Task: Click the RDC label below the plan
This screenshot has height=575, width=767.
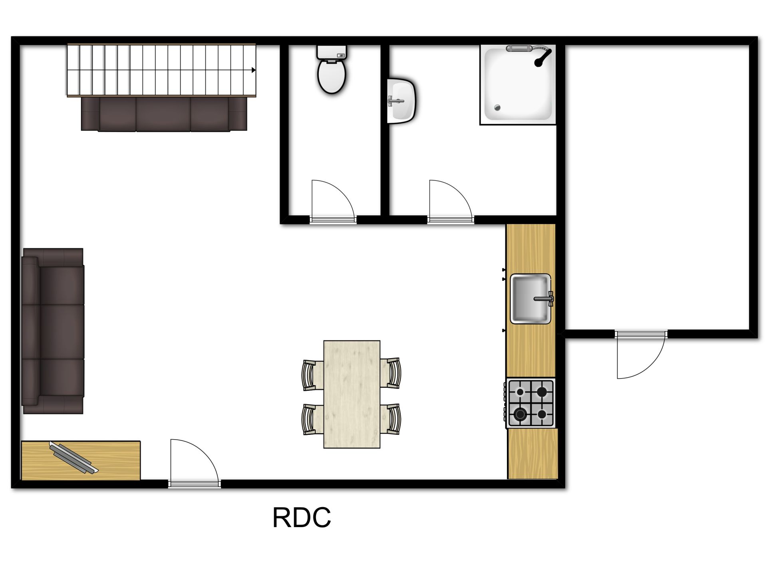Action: [302, 517]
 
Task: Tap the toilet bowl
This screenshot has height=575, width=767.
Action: [332, 76]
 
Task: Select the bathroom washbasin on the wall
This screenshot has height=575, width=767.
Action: [401, 101]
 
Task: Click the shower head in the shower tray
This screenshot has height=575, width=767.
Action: [542, 57]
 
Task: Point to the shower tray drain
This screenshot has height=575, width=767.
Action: [497, 107]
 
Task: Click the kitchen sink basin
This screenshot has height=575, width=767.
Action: [531, 299]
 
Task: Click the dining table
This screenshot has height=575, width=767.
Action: [352, 394]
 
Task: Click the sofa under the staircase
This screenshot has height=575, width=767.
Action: [164, 114]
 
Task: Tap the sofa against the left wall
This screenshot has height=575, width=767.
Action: [53, 331]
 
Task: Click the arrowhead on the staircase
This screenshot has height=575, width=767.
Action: [254, 70]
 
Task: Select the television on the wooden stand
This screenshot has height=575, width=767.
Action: [74, 458]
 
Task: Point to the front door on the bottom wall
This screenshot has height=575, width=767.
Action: [195, 463]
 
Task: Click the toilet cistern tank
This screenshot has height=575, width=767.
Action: [332, 52]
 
